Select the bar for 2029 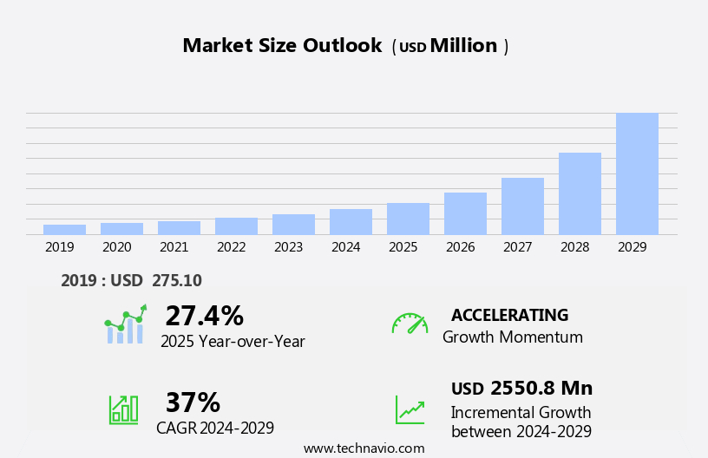[637, 173]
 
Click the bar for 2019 [64, 229]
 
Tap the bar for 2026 [465, 213]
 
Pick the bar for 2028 [580, 193]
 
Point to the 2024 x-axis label [345, 247]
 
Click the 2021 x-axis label [174, 247]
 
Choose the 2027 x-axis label [517, 247]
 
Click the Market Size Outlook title [282, 46]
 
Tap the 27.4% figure [204, 316]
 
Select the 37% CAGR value [193, 402]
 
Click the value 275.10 [176, 280]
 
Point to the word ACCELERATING [509, 315]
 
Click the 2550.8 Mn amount [541, 388]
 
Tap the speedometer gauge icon [409, 324]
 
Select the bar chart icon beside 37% [123, 409]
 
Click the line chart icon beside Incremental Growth [410, 409]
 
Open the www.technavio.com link [364, 448]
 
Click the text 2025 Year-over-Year [233, 342]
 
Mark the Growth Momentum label [512, 337]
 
